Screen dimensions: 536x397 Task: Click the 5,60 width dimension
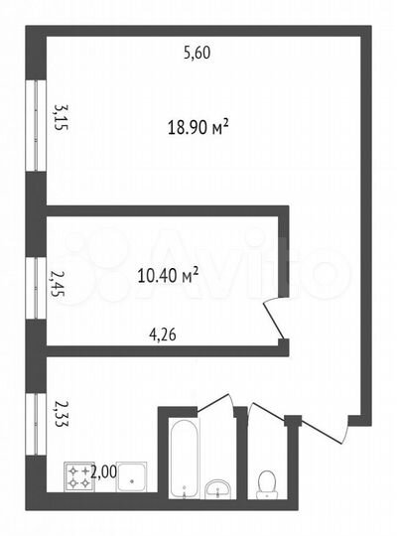198,53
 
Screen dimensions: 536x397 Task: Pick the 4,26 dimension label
163,335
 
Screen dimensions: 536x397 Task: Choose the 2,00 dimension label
103,472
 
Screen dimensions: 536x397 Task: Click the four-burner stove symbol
77,475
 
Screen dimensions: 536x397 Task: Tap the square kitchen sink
133,476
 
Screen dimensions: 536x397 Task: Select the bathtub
184,457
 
